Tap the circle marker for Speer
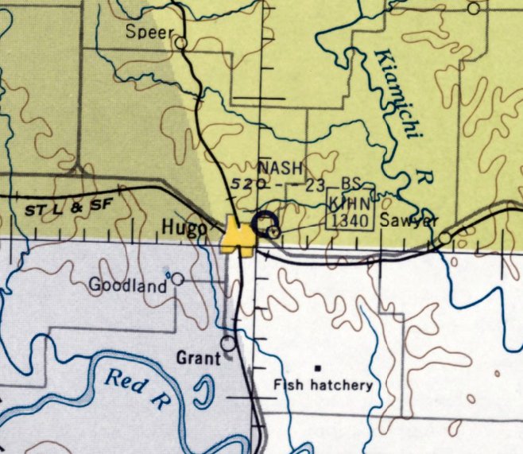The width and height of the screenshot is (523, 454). point(181,42)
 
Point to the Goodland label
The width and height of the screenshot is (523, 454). point(128,284)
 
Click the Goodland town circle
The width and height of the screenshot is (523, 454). point(177,279)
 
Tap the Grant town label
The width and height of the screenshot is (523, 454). point(198,359)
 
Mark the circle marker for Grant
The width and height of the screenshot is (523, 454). point(229,343)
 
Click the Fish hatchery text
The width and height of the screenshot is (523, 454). point(323,385)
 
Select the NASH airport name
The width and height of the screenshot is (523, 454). point(281,168)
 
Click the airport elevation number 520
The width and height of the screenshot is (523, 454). point(242,185)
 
